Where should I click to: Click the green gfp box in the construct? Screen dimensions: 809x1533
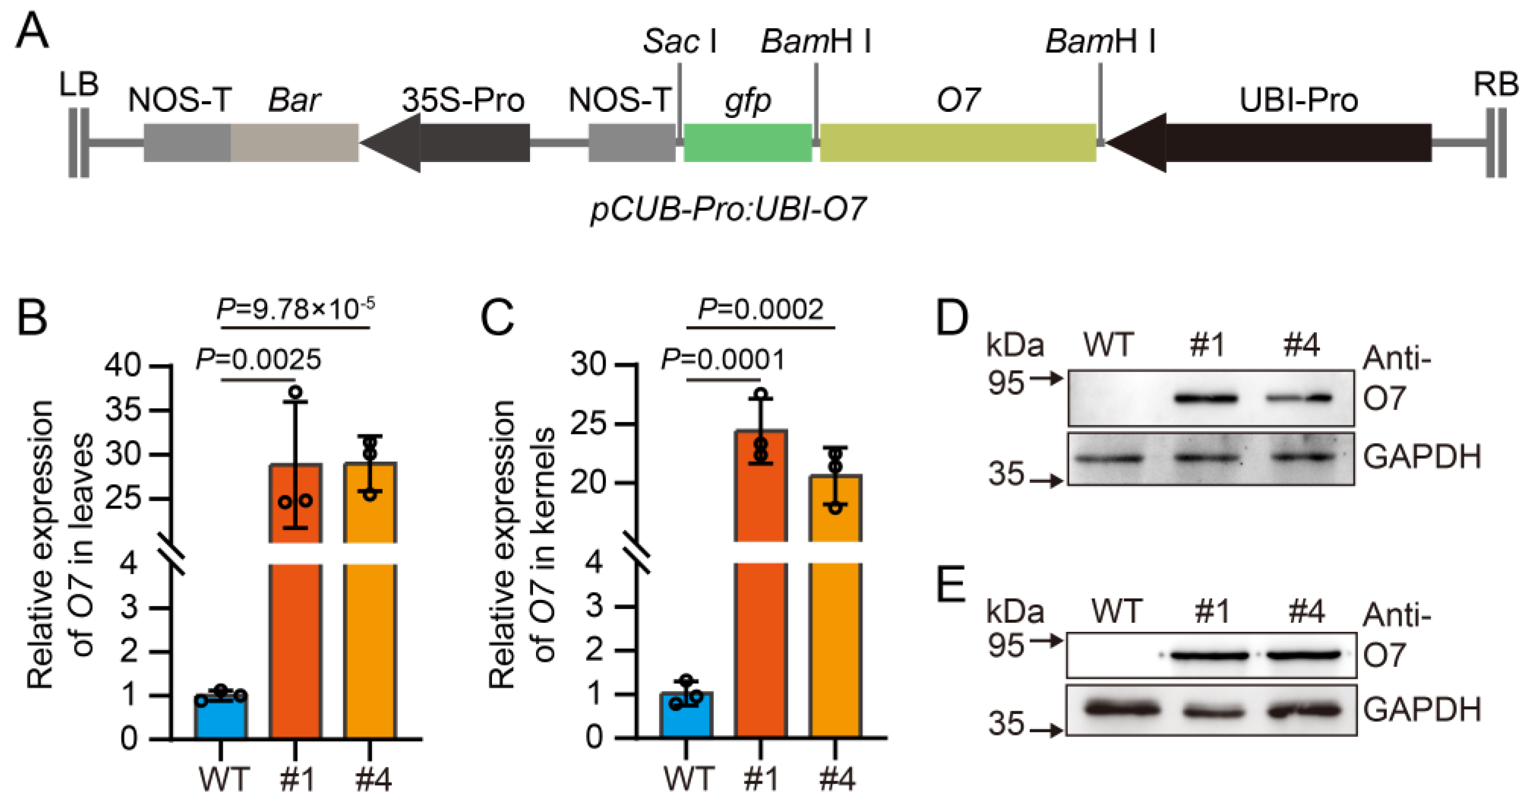(748, 143)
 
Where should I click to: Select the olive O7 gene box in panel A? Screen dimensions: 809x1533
(958, 143)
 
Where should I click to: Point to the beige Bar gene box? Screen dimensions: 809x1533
(295, 143)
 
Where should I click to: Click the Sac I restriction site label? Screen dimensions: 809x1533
(680, 42)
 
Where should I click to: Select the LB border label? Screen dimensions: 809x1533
(78, 85)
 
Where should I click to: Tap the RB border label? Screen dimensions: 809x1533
(1495, 85)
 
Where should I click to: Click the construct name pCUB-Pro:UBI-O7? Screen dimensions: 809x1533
(728, 210)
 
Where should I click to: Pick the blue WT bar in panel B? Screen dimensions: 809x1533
(221, 717)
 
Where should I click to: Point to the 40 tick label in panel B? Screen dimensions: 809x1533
(122, 365)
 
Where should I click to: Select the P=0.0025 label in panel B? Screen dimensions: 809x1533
(258, 359)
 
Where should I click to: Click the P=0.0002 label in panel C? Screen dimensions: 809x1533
(760, 309)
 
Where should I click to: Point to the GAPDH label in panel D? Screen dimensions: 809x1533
(1421, 457)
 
